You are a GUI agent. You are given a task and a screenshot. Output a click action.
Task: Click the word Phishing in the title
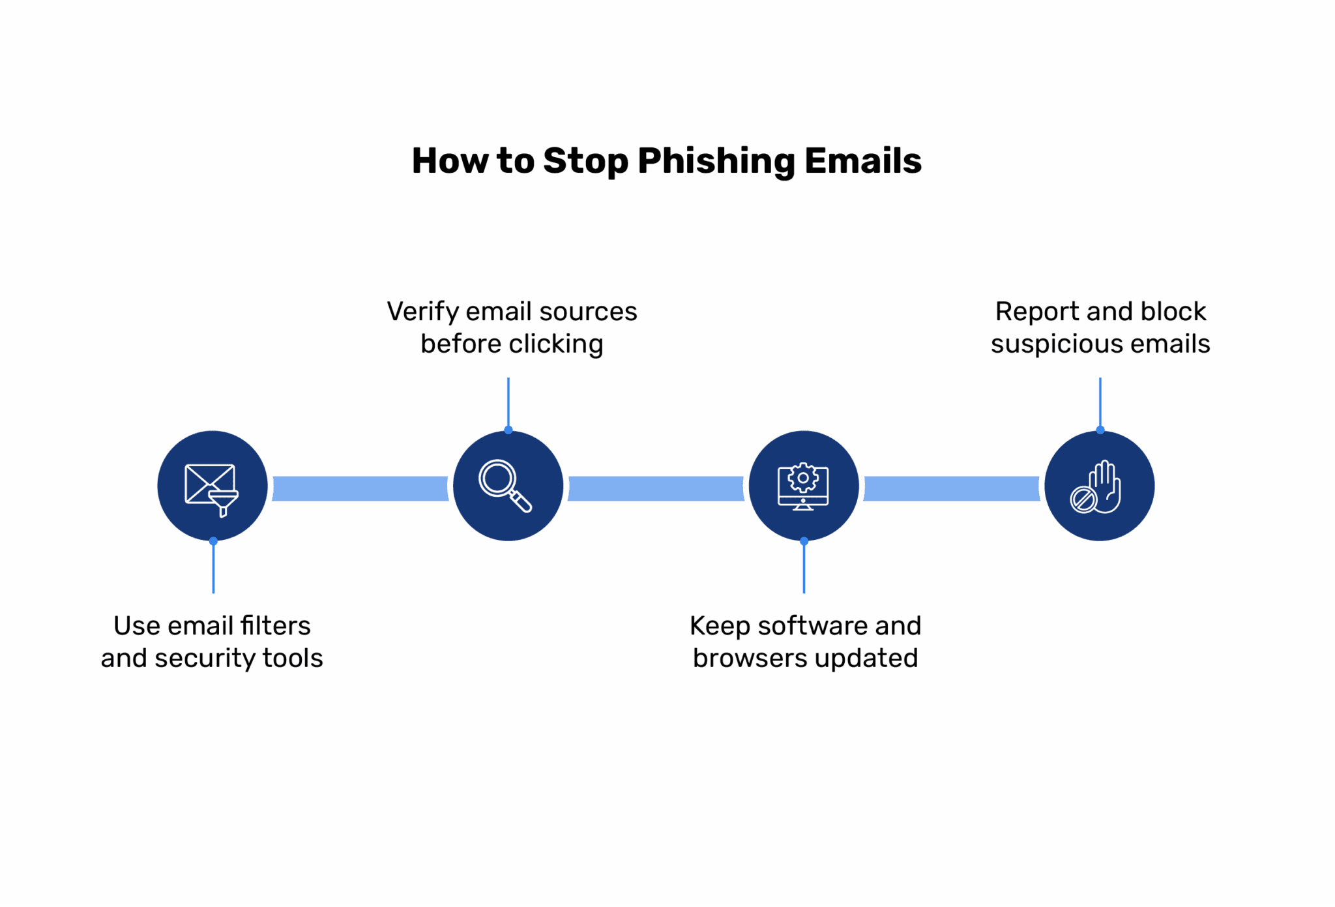[715, 161]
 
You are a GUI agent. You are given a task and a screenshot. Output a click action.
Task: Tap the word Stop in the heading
[585, 161]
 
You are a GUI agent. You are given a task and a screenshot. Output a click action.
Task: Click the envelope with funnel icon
[212, 488]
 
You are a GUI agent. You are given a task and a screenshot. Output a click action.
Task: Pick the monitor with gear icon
[803, 486]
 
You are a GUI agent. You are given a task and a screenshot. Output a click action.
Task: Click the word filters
[276, 626]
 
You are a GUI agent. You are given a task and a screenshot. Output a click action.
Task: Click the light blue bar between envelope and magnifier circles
[360, 488]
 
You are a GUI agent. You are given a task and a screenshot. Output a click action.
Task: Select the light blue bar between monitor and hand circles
[951, 488]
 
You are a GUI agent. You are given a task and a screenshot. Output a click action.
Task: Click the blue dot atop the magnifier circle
[508, 430]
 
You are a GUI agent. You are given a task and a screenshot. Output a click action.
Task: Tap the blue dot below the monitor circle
[804, 541]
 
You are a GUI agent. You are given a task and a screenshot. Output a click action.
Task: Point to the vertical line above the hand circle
[1100, 401]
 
